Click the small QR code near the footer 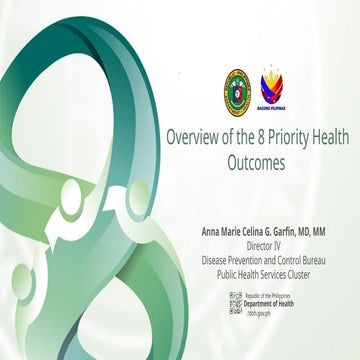click(236, 303)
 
